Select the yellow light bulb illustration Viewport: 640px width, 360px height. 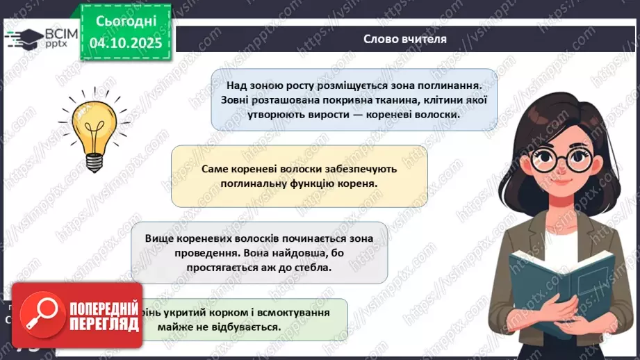(95, 130)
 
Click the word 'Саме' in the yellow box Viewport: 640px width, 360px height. (213, 169)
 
